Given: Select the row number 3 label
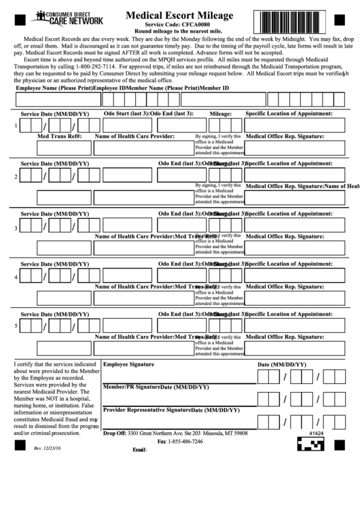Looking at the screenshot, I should click(16, 228).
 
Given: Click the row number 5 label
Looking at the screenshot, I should click(16, 326).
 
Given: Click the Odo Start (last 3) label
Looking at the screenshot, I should click(126, 113).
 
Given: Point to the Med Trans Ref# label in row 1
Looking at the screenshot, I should click(59, 136).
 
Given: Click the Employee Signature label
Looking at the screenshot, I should click(128, 364).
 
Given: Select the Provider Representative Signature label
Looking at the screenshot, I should click(146, 410).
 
